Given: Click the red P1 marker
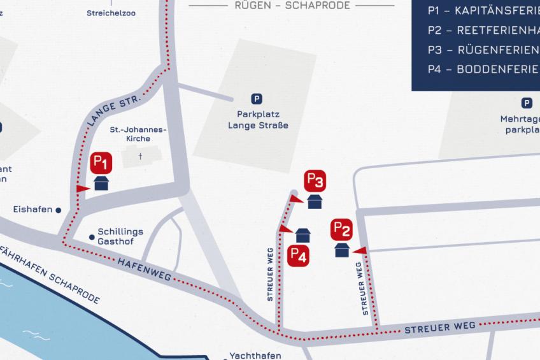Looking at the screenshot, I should point(102,162).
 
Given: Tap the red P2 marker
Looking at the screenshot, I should point(342,229).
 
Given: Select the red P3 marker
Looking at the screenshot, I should point(315,181).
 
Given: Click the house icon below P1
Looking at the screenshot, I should point(102,184).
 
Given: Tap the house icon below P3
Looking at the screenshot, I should point(315,202).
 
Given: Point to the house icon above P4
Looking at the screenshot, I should point(303,235).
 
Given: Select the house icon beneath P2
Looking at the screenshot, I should point(342,250).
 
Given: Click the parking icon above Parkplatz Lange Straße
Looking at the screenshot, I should point(257,99).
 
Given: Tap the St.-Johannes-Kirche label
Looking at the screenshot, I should point(139,134).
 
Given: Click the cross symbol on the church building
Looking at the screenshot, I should point(140,155).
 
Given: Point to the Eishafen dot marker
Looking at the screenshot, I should point(58,209).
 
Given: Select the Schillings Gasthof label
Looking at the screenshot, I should point(120,236).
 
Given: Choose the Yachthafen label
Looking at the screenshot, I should point(255,356).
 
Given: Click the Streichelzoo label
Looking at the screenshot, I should point(111,13).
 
